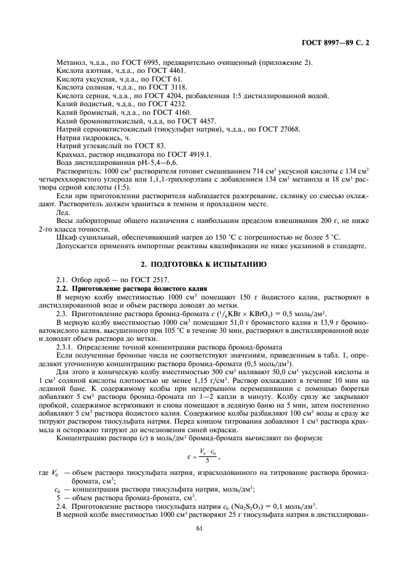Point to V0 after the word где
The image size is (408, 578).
(x=54, y=472)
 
